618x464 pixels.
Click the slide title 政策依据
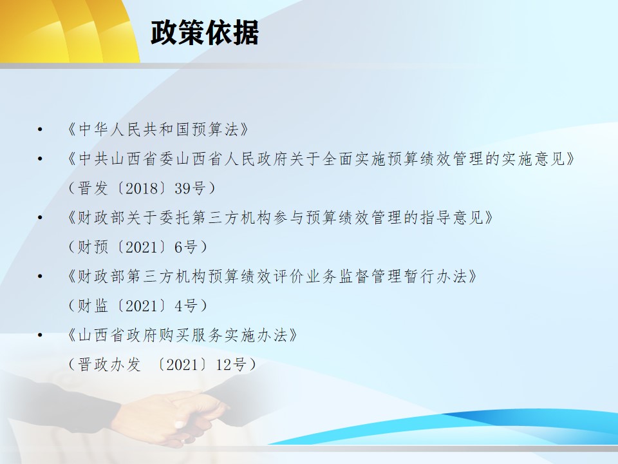click(205, 32)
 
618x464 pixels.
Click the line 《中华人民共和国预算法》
click(158, 130)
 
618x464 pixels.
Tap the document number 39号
click(190, 188)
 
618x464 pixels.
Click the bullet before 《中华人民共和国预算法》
click(40, 130)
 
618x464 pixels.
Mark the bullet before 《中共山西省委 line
click(40, 159)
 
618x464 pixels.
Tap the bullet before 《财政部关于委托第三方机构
click(40, 217)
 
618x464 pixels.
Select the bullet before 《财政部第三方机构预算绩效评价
click(40, 276)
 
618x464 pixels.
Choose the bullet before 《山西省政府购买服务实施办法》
click(40, 335)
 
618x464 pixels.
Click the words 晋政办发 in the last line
click(109, 365)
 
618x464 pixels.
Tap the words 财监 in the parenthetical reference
click(93, 305)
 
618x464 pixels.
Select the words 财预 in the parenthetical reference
click(93, 247)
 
